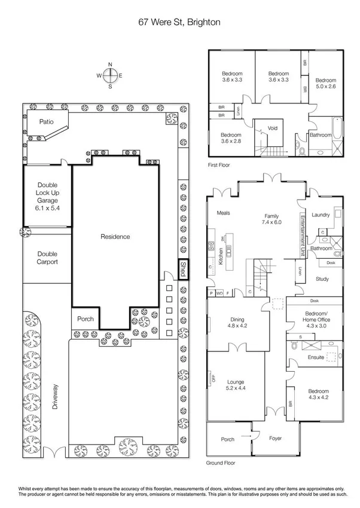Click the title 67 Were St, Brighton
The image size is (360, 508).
click(x=180, y=22)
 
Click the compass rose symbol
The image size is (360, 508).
click(x=110, y=75)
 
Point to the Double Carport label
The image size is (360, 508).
click(x=47, y=258)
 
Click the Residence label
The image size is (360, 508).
click(x=115, y=237)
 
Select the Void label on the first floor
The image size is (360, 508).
click(x=273, y=128)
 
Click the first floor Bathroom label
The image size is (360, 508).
click(x=321, y=135)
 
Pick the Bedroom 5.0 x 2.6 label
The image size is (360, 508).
click(x=327, y=83)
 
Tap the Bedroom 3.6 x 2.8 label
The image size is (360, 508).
click(x=230, y=138)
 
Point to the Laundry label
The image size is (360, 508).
click(x=322, y=215)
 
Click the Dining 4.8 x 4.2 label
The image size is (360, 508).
click(x=234, y=323)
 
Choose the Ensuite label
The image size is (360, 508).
click(x=316, y=357)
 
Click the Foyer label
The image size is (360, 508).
click(x=274, y=439)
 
